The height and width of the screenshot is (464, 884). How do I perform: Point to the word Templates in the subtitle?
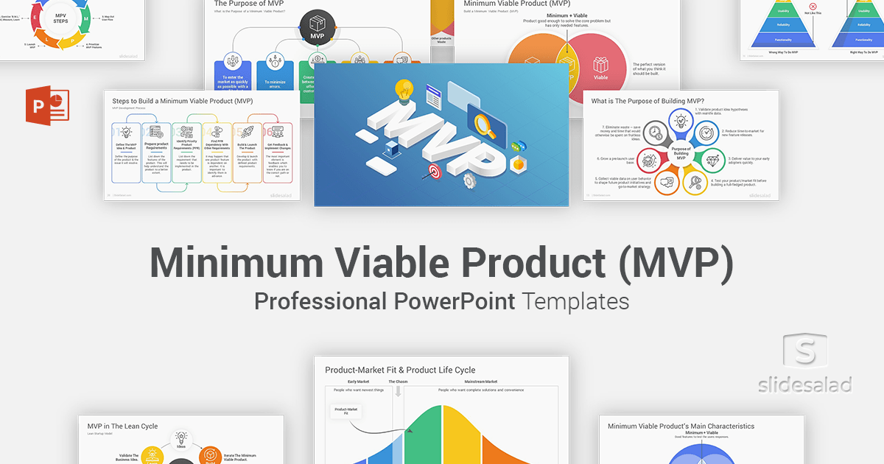pyautogui.click(x=576, y=301)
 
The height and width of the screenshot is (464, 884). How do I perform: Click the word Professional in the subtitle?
pyautogui.click(x=320, y=301)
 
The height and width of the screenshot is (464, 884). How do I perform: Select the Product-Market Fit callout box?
pyautogui.click(x=346, y=411)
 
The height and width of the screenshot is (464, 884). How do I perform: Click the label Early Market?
pyautogui.click(x=359, y=382)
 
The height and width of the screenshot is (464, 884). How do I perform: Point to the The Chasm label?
pyautogui.click(x=398, y=382)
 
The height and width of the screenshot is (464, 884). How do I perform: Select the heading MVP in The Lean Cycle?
pyautogui.click(x=122, y=426)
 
